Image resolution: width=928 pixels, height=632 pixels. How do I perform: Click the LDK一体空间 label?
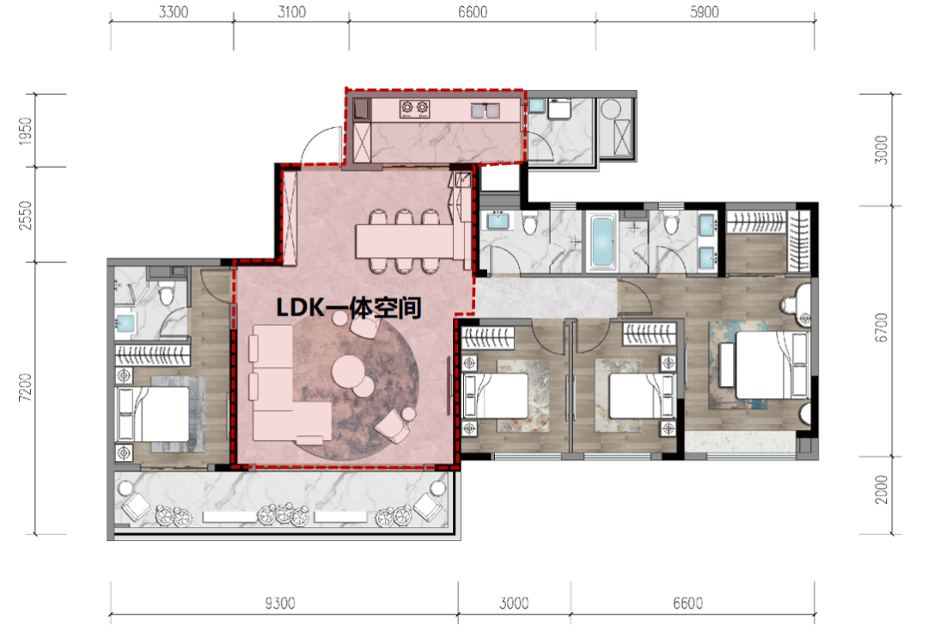(349, 308)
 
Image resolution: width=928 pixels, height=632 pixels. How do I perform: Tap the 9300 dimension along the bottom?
(280, 604)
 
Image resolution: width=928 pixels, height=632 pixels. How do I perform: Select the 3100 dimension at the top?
(292, 12)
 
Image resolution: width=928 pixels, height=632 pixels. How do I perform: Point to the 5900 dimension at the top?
(705, 12)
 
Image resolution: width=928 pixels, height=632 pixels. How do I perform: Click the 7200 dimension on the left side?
(25, 388)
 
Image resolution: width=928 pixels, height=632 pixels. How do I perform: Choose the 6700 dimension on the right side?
(882, 328)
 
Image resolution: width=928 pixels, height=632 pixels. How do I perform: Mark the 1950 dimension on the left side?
(25, 131)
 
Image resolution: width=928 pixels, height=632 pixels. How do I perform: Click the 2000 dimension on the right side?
(882, 489)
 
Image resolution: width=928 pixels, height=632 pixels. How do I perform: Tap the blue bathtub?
(603, 242)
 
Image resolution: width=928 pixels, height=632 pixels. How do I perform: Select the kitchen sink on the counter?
(485, 110)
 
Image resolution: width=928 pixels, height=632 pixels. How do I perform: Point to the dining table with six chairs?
(405, 241)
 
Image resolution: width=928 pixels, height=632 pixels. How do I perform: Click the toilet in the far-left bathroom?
(167, 293)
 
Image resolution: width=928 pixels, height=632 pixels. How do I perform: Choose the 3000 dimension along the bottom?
(514, 604)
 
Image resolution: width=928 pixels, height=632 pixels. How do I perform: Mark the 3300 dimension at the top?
(174, 12)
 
